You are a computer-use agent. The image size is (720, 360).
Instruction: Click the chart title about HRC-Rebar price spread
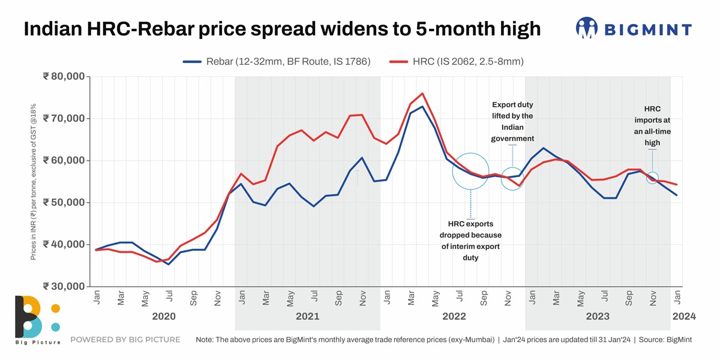coord(282,29)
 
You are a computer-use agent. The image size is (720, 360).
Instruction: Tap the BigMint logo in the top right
coord(634,28)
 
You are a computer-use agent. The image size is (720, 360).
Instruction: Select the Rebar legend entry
coord(277,61)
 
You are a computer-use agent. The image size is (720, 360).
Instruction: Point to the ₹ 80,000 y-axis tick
coord(64,77)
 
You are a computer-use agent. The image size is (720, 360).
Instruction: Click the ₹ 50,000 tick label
coord(64,203)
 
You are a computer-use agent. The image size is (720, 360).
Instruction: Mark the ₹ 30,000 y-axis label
coord(64,286)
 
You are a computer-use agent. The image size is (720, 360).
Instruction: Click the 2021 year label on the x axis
coord(307,316)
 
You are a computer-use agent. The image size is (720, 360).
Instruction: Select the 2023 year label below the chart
coord(597,316)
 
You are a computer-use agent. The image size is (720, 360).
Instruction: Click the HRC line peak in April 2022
coord(423,94)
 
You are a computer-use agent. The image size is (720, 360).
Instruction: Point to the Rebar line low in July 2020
coord(169,264)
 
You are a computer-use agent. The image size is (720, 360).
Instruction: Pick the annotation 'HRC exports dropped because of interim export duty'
coord(470,241)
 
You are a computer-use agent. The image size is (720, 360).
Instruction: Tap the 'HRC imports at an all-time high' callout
coord(652,126)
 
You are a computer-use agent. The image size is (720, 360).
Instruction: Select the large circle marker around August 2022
coord(471,171)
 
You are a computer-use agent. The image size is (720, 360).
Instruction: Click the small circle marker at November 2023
coord(653,178)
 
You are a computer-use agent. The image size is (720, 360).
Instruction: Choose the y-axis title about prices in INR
coord(34,181)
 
